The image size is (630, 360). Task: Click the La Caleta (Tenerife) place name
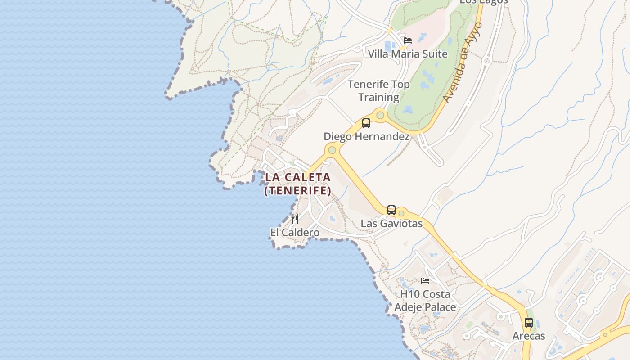tap(297, 184)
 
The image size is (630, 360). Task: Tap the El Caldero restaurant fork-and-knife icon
tap(295, 219)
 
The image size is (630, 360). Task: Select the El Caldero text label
tap(295, 233)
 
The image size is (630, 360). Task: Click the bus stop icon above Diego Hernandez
tap(366, 123)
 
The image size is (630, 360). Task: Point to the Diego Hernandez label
tap(366, 136)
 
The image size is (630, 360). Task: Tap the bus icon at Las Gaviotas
tap(391, 210)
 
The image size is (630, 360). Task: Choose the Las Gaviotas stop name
tap(391, 223)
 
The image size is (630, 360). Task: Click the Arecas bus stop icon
tap(529, 322)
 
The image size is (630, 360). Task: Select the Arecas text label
tap(529, 336)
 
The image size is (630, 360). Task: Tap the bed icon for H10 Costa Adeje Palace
tap(425, 281)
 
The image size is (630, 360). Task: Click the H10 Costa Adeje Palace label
tap(425, 301)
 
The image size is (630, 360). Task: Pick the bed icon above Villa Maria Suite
tap(408, 40)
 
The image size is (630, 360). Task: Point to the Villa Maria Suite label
tap(408, 54)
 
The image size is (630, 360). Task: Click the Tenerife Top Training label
tap(378, 90)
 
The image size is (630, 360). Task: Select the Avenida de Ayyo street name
tap(462, 63)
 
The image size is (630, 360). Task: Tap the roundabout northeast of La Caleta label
tap(332, 150)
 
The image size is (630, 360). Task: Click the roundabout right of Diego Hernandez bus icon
tap(380, 116)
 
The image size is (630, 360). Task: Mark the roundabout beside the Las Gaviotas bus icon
tap(401, 213)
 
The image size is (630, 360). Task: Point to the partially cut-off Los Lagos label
tap(483, 2)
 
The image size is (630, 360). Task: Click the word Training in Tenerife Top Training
tap(378, 97)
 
